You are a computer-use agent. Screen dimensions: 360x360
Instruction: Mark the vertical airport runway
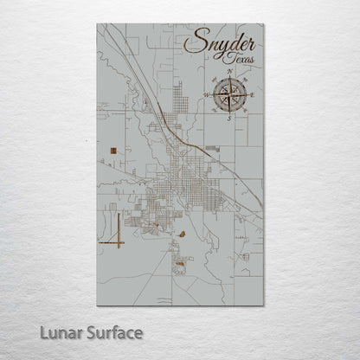115,229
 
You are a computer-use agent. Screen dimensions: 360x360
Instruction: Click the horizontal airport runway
112,243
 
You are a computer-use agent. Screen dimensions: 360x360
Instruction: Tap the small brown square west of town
114,152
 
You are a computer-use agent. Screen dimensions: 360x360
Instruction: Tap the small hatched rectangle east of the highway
213,149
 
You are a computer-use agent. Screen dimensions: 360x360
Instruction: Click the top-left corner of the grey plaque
97,24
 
